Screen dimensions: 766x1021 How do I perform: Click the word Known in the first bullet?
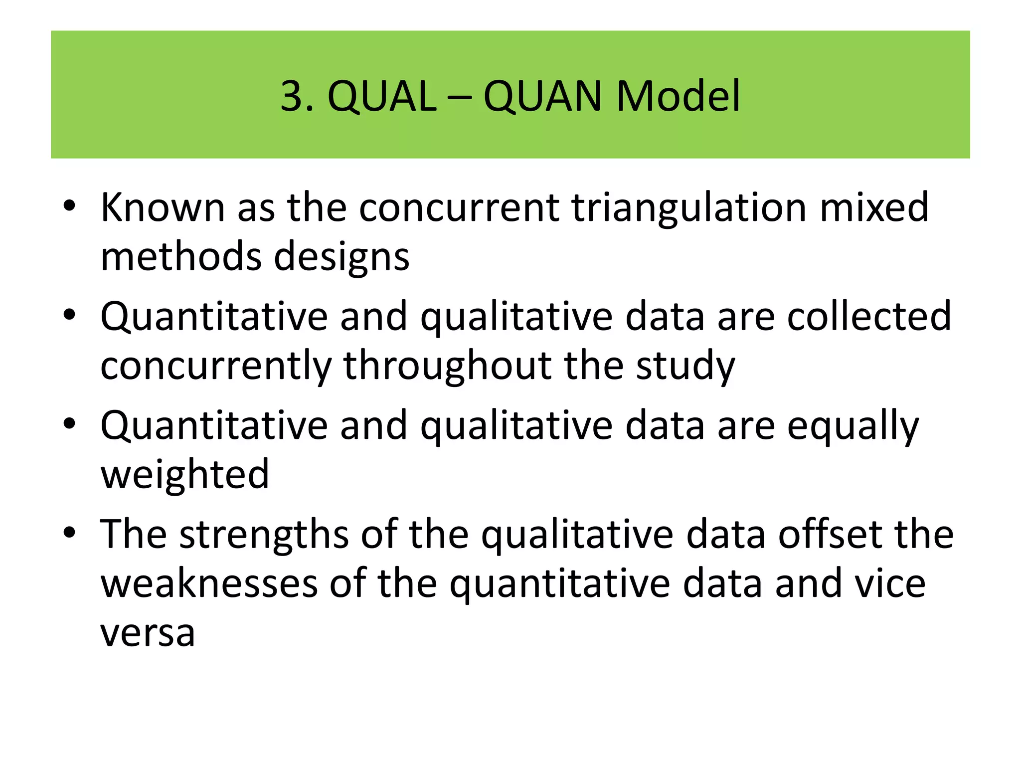click(163, 207)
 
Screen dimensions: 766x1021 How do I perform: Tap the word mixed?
click(874, 207)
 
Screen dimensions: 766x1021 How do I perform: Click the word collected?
click(869, 316)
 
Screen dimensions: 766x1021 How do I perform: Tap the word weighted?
click(185, 475)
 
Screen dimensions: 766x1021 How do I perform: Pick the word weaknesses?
click(209, 583)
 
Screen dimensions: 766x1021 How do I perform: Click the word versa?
click(148, 633)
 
